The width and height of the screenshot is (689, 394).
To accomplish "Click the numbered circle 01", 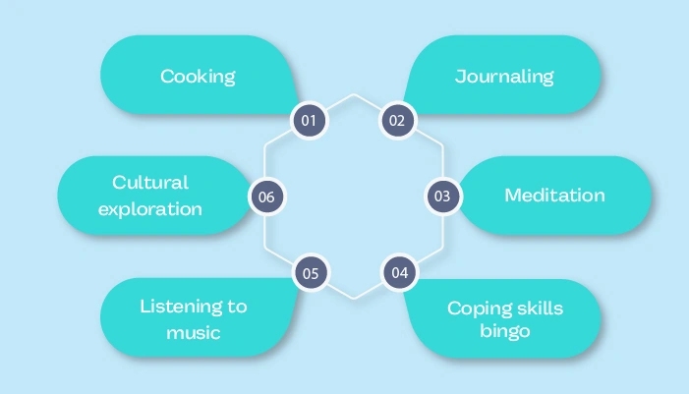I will (309, 121).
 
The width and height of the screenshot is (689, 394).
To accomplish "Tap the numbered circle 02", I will (397, 121).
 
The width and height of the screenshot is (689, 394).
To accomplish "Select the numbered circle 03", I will (442, 196).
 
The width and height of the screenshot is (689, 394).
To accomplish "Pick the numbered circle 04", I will (398, 272).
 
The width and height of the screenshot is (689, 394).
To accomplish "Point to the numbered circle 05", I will (310, 272).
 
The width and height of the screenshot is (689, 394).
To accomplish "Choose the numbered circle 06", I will (265, 197).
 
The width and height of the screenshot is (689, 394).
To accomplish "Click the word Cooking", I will (199, 77).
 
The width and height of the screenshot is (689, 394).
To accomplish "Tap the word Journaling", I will (504, 77).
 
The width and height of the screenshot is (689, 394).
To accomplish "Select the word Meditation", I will (554, 196).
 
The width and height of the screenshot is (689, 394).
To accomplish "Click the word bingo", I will (505, 331).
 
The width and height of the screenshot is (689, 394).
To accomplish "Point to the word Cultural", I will (150, 183).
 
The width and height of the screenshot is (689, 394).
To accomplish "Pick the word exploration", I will (150, 208).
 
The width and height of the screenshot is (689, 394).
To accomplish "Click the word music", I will (193, 332).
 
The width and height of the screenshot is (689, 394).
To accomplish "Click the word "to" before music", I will (237, 307).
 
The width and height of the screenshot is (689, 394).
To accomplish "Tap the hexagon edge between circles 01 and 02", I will (354, 95).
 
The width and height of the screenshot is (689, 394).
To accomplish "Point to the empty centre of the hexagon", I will (354, 197).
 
